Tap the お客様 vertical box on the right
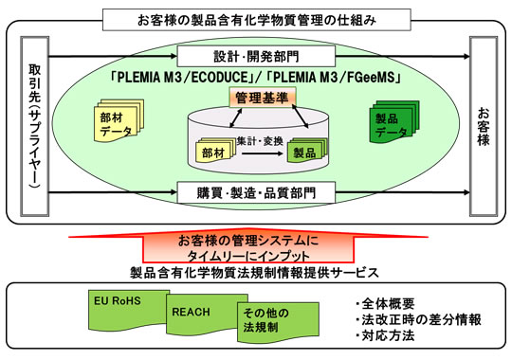[x=485, y=122]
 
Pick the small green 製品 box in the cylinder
[x=304, y=151]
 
